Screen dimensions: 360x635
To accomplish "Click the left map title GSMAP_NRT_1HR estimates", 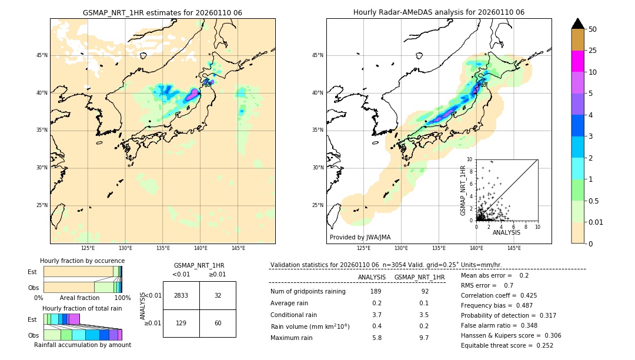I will pyautogui.click(x=162, y=12).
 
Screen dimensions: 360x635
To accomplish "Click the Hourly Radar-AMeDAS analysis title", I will pyautogui.click(x=439, y=12).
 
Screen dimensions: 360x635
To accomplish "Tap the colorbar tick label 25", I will pyautogui.click(x=593, y=51).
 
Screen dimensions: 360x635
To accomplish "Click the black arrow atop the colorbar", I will pyautogui.click(x=578, y=24).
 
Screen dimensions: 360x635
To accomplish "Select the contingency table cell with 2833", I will pyautogui.click(x=181, y=295).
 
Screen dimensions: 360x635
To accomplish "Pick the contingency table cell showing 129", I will pyautogui.click(x=181, y=323).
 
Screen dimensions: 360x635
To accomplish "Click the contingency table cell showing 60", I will pyautogui.click(x=218, y=323).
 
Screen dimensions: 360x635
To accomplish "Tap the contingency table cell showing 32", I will pyautogui.click(x=218, y=295).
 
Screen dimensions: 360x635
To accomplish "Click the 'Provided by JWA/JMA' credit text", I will pyautogui.click(x=360, y=237).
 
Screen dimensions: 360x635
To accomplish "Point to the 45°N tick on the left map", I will pyautogui.click(x=42, y=55).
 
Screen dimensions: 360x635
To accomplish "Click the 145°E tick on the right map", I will pyautogui.click(x=514, y=248).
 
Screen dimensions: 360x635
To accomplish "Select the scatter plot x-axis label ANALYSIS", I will pyautogui.click(x=506, y=233).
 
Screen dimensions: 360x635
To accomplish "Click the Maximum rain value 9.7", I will pyautogui.click(x=424, y=338).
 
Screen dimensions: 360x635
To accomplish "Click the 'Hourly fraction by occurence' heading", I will pyautogui.click(x=82, y=261).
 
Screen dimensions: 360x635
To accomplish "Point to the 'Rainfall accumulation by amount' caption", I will pyautogui.click(x=82, y=345).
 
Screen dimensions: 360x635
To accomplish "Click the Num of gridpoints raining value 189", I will pyautogui.click(x=376, y=291).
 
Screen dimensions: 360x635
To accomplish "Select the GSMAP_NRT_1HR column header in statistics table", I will pyautogui.click(x=419, y=277).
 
